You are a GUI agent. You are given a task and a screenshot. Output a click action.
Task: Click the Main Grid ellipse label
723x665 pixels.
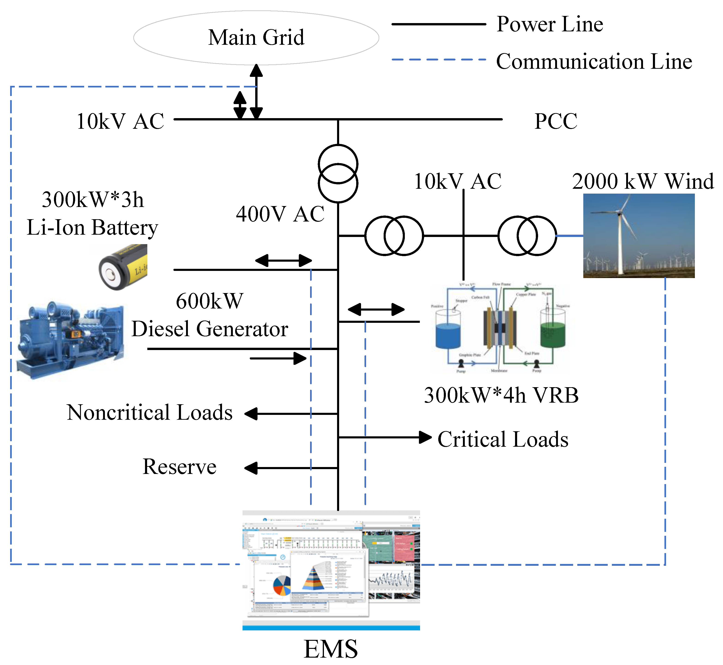point(256,37)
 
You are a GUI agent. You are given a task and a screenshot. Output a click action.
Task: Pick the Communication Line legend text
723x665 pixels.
point(594,61)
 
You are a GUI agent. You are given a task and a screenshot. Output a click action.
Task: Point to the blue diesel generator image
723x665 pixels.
point(70,340)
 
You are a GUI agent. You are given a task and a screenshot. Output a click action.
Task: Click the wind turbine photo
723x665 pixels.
point(639,236)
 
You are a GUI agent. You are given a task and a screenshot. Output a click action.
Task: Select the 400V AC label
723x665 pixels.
point(280,214)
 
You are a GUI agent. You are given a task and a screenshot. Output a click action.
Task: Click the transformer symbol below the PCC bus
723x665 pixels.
point(338,174)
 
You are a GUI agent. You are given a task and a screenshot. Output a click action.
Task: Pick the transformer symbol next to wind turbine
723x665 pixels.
point(527,236)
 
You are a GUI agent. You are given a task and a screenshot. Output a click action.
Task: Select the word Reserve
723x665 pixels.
point(179,467)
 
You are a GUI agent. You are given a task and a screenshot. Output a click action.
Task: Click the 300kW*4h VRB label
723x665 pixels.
point(501,395)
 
